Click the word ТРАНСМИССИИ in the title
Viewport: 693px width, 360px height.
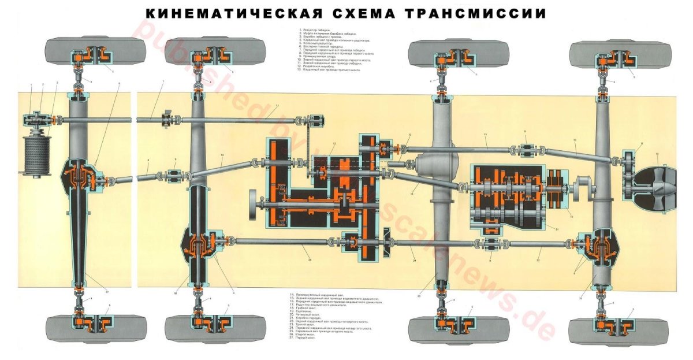(474, 13)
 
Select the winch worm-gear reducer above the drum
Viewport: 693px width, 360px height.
(36, 120)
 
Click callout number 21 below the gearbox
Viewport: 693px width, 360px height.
(557, 229)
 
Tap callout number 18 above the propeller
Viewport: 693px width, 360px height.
(657, 154)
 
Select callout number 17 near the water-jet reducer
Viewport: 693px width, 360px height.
(642, 143)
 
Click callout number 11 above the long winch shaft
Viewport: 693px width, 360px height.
(277, 106)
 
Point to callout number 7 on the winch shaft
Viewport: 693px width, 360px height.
(163, 81)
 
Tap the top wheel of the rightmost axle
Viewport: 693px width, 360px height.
(613, 54)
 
